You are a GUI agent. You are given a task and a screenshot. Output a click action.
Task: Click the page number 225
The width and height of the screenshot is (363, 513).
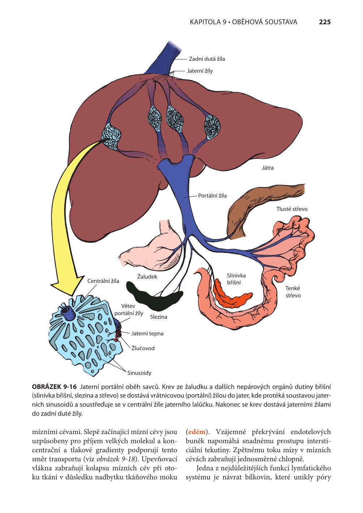point(324,22)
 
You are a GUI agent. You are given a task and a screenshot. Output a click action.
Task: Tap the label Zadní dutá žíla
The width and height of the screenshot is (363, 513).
point(207,59)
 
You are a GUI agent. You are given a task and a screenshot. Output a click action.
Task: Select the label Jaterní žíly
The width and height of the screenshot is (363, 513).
point(200,71)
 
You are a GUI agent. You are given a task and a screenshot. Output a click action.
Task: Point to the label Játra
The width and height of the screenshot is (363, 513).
point(268,168)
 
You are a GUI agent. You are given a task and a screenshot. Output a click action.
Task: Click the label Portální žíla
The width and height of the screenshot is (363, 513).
point(212,196)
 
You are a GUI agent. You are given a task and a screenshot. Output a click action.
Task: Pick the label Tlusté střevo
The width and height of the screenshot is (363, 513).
point(292,209)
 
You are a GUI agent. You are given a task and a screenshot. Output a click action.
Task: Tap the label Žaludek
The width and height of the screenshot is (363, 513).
point(147,277)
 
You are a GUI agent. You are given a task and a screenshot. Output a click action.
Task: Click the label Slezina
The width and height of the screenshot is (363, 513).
point(158,317)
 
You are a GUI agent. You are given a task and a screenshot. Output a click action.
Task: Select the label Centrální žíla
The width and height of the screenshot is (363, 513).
point(103,281)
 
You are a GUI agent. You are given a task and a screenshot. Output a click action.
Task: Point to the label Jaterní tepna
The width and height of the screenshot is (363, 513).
point(147,334)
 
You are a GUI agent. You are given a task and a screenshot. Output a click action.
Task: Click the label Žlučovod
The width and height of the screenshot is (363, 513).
point(143,348)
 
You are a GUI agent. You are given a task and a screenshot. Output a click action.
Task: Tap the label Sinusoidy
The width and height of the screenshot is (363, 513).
point(139,373)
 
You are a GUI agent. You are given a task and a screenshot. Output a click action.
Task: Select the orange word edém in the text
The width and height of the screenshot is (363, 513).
point(197,432)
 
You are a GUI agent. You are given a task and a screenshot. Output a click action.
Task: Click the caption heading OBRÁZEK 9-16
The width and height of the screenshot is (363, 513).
point(54,387)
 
